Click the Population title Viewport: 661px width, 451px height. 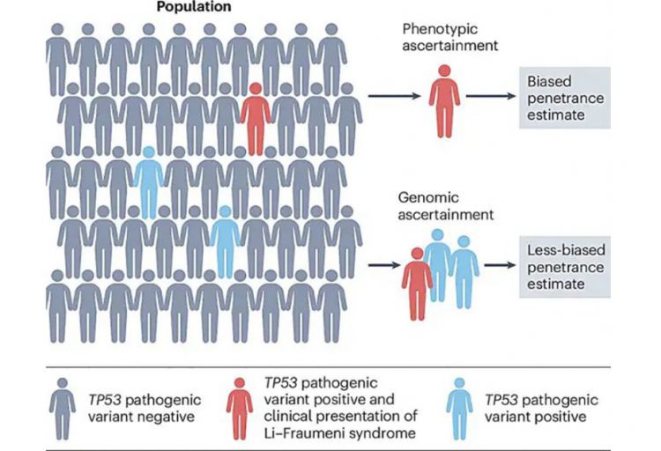click(194, 7)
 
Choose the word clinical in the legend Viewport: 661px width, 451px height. click(287, 415)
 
